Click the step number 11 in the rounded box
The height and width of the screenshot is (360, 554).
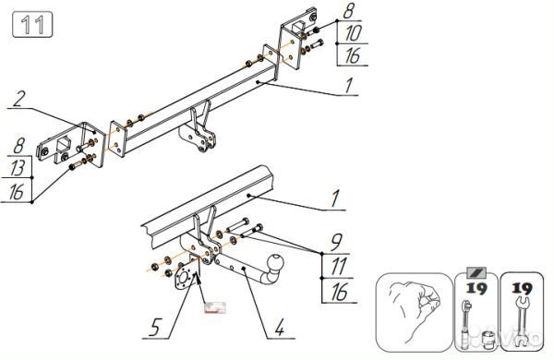tap(31, 25)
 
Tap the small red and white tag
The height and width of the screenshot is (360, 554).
tap(214, 306)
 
